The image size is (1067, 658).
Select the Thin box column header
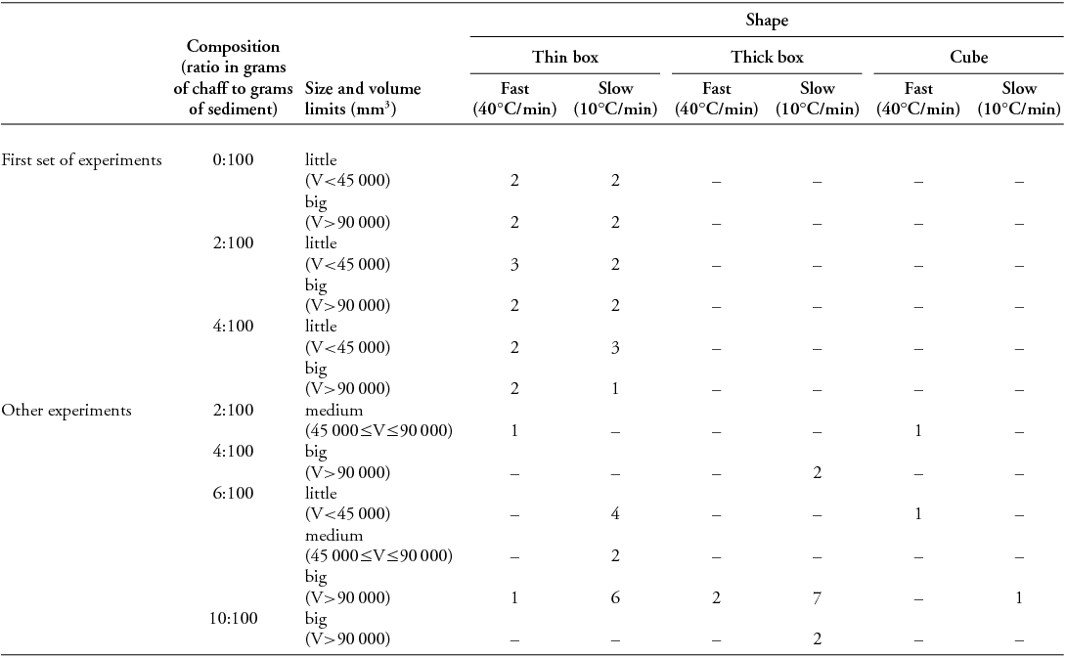click(x=565, y=57)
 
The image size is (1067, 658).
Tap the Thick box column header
click(x=768, y=57)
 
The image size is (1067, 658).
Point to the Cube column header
click(x=968, y=57)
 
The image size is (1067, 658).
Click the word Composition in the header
click(x=233, y=46)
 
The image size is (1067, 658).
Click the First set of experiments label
click(x=81, y=159)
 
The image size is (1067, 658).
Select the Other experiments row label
click(x=67, y=411)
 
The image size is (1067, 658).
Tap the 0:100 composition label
click(x=233, y=159)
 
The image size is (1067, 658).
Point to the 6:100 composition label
click(x=233, y=494)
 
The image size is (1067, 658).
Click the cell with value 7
click(x=818, y=598)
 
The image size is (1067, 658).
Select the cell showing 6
click(x=615, y=598)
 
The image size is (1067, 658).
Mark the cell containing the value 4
click(x=615, y=514)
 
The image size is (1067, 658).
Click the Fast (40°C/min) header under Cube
click(x=918, y=99)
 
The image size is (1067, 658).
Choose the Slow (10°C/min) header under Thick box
click(x=818, y=99)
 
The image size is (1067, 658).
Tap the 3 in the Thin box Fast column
click(x=514, y=264)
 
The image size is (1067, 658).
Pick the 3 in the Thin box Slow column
click(x=615, y=347)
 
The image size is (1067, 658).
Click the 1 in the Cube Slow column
click(x=1019, y=598)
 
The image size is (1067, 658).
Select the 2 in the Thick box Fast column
click(x=717, y=598)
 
